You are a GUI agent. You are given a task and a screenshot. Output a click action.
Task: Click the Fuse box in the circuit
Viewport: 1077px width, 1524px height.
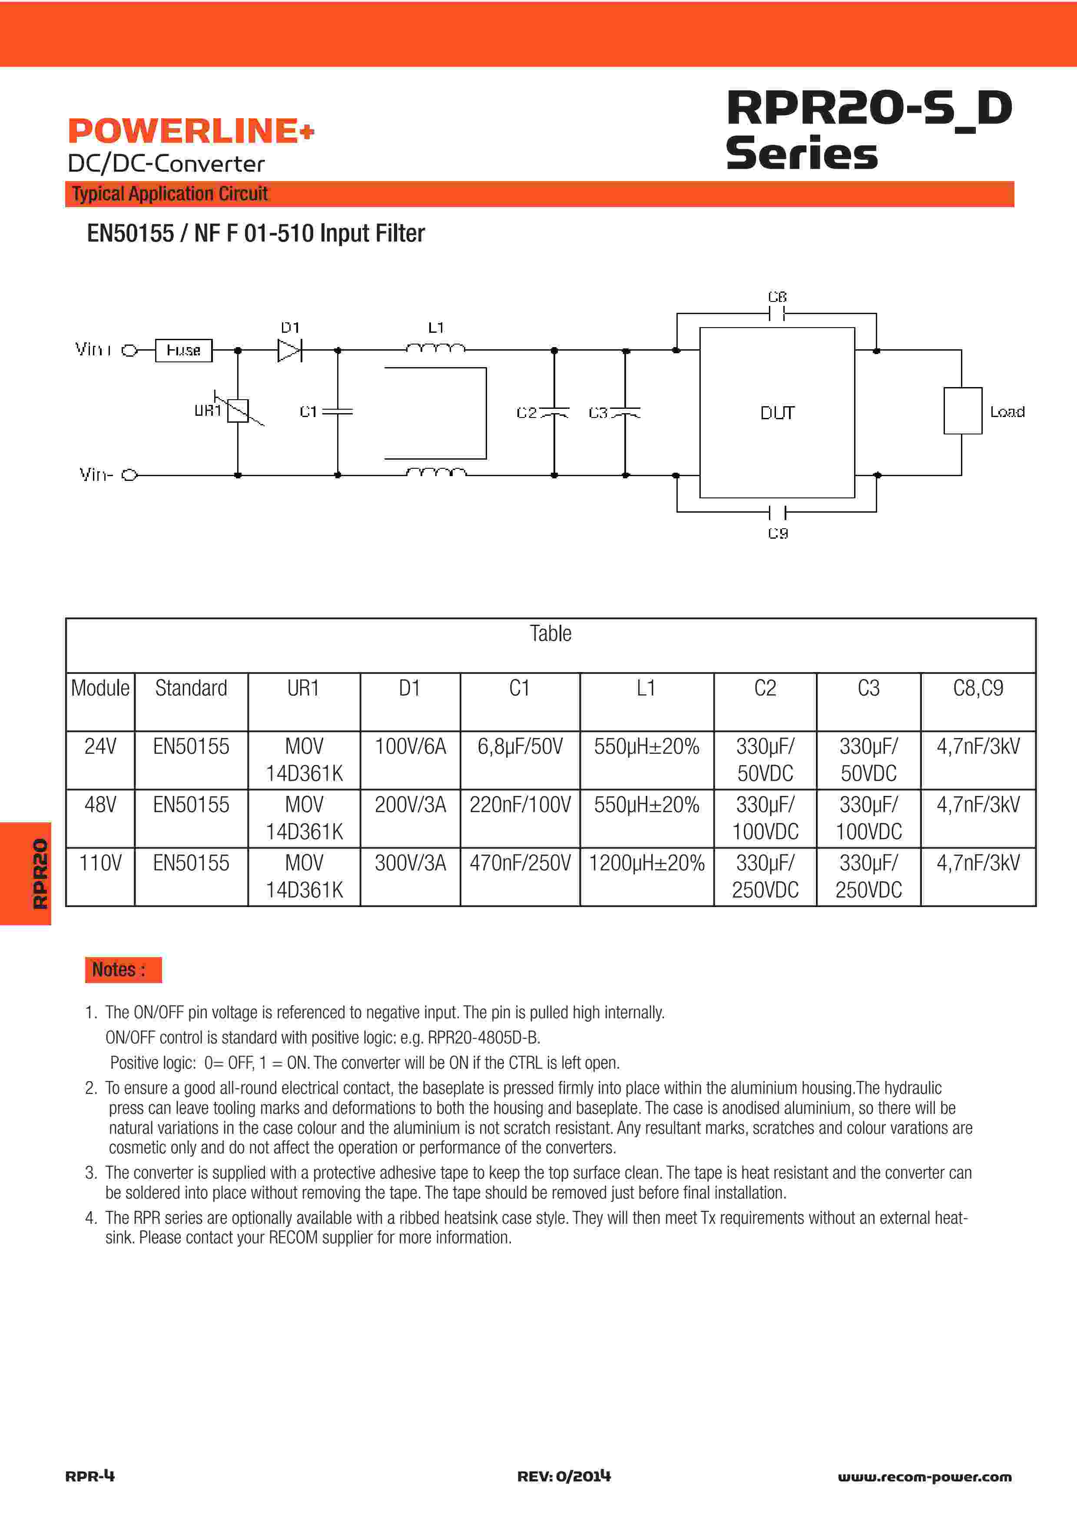(x=184, y=350)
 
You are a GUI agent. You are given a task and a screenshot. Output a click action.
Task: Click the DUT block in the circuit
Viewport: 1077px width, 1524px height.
(x=777, y=412)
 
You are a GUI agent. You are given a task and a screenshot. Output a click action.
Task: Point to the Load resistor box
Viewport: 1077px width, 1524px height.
(x=962, y=411)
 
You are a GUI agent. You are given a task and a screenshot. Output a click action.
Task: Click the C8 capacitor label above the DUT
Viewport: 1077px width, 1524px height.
(x=777, y=297)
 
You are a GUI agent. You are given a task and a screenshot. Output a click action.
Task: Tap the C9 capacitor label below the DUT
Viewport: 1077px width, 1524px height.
(x=778, y=533)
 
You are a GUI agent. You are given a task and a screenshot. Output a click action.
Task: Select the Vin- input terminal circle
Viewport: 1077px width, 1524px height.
(x=129, y=474)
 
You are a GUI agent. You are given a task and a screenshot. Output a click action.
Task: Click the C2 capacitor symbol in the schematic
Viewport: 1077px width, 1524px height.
(x=555, y=412)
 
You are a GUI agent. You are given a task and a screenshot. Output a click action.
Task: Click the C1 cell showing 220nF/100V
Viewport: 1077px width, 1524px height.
(x=520, y=805)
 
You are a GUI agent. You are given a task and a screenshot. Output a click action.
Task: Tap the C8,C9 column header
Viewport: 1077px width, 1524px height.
(x=978, y=688)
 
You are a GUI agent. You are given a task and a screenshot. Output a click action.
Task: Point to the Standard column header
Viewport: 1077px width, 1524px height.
(x=191, y=688)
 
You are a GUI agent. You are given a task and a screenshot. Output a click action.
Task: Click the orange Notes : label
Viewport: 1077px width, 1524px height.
(x=123, y=970)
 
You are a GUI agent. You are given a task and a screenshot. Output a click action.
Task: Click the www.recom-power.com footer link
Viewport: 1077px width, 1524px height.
(x=925, y=1477)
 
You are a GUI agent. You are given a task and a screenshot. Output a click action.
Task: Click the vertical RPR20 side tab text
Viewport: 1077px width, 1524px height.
(x=40, y=874)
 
